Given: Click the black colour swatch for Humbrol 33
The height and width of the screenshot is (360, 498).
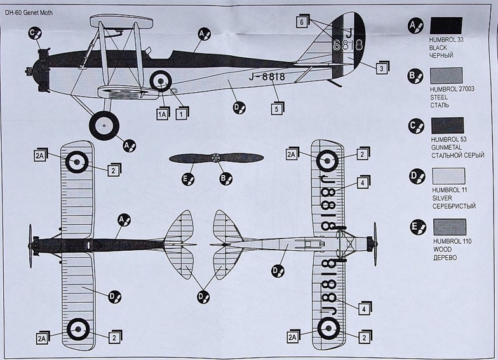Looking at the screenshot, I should [x=446, y=25].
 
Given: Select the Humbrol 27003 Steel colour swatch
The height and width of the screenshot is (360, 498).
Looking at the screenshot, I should [x=446, y=76].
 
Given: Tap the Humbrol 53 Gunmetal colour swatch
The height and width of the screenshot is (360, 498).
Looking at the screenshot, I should [x=447, y=125].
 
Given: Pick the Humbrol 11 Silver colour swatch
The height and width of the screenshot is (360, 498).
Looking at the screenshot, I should [x=447, y=176].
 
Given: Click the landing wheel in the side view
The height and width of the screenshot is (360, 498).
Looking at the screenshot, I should [x=104, y=126].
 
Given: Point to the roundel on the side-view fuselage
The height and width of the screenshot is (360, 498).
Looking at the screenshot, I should [x=160, y=81].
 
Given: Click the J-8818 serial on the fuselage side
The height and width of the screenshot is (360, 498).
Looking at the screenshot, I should [x=263, y=77].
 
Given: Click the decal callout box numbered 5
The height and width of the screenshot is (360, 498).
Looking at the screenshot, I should [x=276, y=109].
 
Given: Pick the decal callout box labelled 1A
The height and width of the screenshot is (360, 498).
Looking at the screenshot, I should [x=162, y=114].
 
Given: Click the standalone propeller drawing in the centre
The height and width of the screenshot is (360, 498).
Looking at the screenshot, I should [x=216, y=158].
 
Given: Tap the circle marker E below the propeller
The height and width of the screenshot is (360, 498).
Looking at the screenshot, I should [x=188, y=179].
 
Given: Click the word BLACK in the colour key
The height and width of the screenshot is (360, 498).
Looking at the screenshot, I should [x=439, y=48].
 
